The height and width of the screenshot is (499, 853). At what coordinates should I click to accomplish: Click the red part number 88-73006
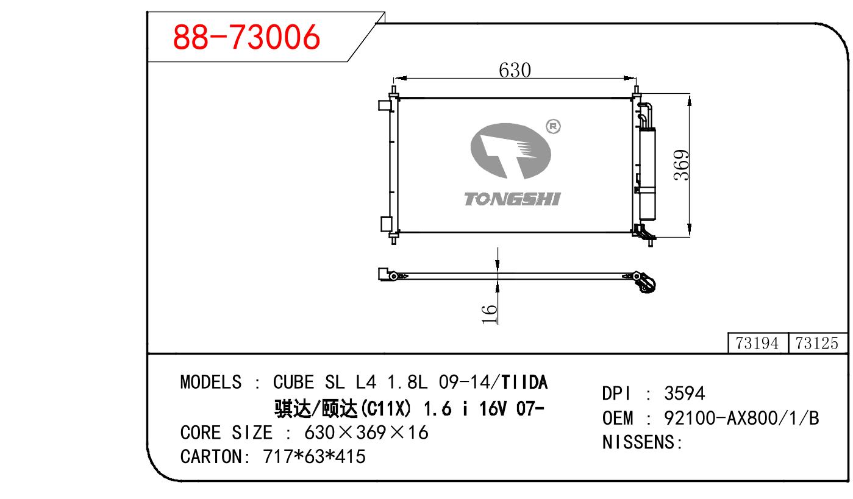coord(246,37)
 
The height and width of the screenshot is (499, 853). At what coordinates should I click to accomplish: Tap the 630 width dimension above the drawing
coord(515,71)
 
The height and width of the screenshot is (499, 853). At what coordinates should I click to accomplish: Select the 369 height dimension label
coord(682,165)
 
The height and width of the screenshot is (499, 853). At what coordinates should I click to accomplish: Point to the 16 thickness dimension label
coord(490,314)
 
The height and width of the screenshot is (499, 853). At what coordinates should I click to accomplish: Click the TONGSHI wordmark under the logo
coord(512,199)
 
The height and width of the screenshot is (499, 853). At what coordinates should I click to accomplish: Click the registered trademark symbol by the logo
coord(553,126)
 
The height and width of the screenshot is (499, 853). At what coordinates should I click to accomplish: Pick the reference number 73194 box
coord(757,343)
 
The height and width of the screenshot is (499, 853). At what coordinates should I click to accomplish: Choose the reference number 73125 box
coord(817,343)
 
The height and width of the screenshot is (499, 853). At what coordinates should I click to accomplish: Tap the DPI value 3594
coord(684,393)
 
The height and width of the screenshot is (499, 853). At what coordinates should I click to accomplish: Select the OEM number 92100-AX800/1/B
coord(741,418)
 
